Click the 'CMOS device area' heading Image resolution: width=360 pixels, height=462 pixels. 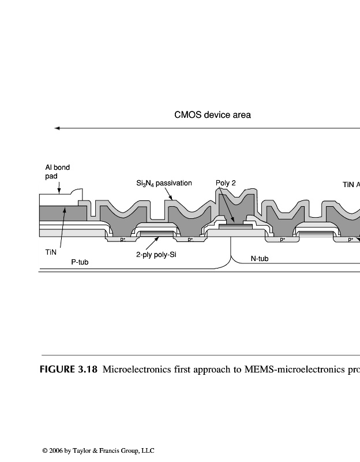point(212,115)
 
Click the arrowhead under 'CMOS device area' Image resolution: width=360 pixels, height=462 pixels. point(57,128)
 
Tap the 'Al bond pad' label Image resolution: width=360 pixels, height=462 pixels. point(57,172)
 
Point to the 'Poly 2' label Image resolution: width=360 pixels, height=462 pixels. point(226,183)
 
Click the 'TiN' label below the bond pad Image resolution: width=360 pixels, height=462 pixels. point(51,252)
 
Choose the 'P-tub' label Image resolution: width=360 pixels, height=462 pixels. point(80,262)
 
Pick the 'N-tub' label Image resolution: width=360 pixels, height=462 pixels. point(260,259)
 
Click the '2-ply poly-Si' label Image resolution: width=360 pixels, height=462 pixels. point(156,254)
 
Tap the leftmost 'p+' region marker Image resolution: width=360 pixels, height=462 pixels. point(123,239)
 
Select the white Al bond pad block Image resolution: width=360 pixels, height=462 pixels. point(58,200)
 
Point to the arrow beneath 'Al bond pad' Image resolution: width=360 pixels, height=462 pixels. point(59,185)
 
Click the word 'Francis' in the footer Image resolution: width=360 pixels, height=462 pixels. point(109,450)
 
